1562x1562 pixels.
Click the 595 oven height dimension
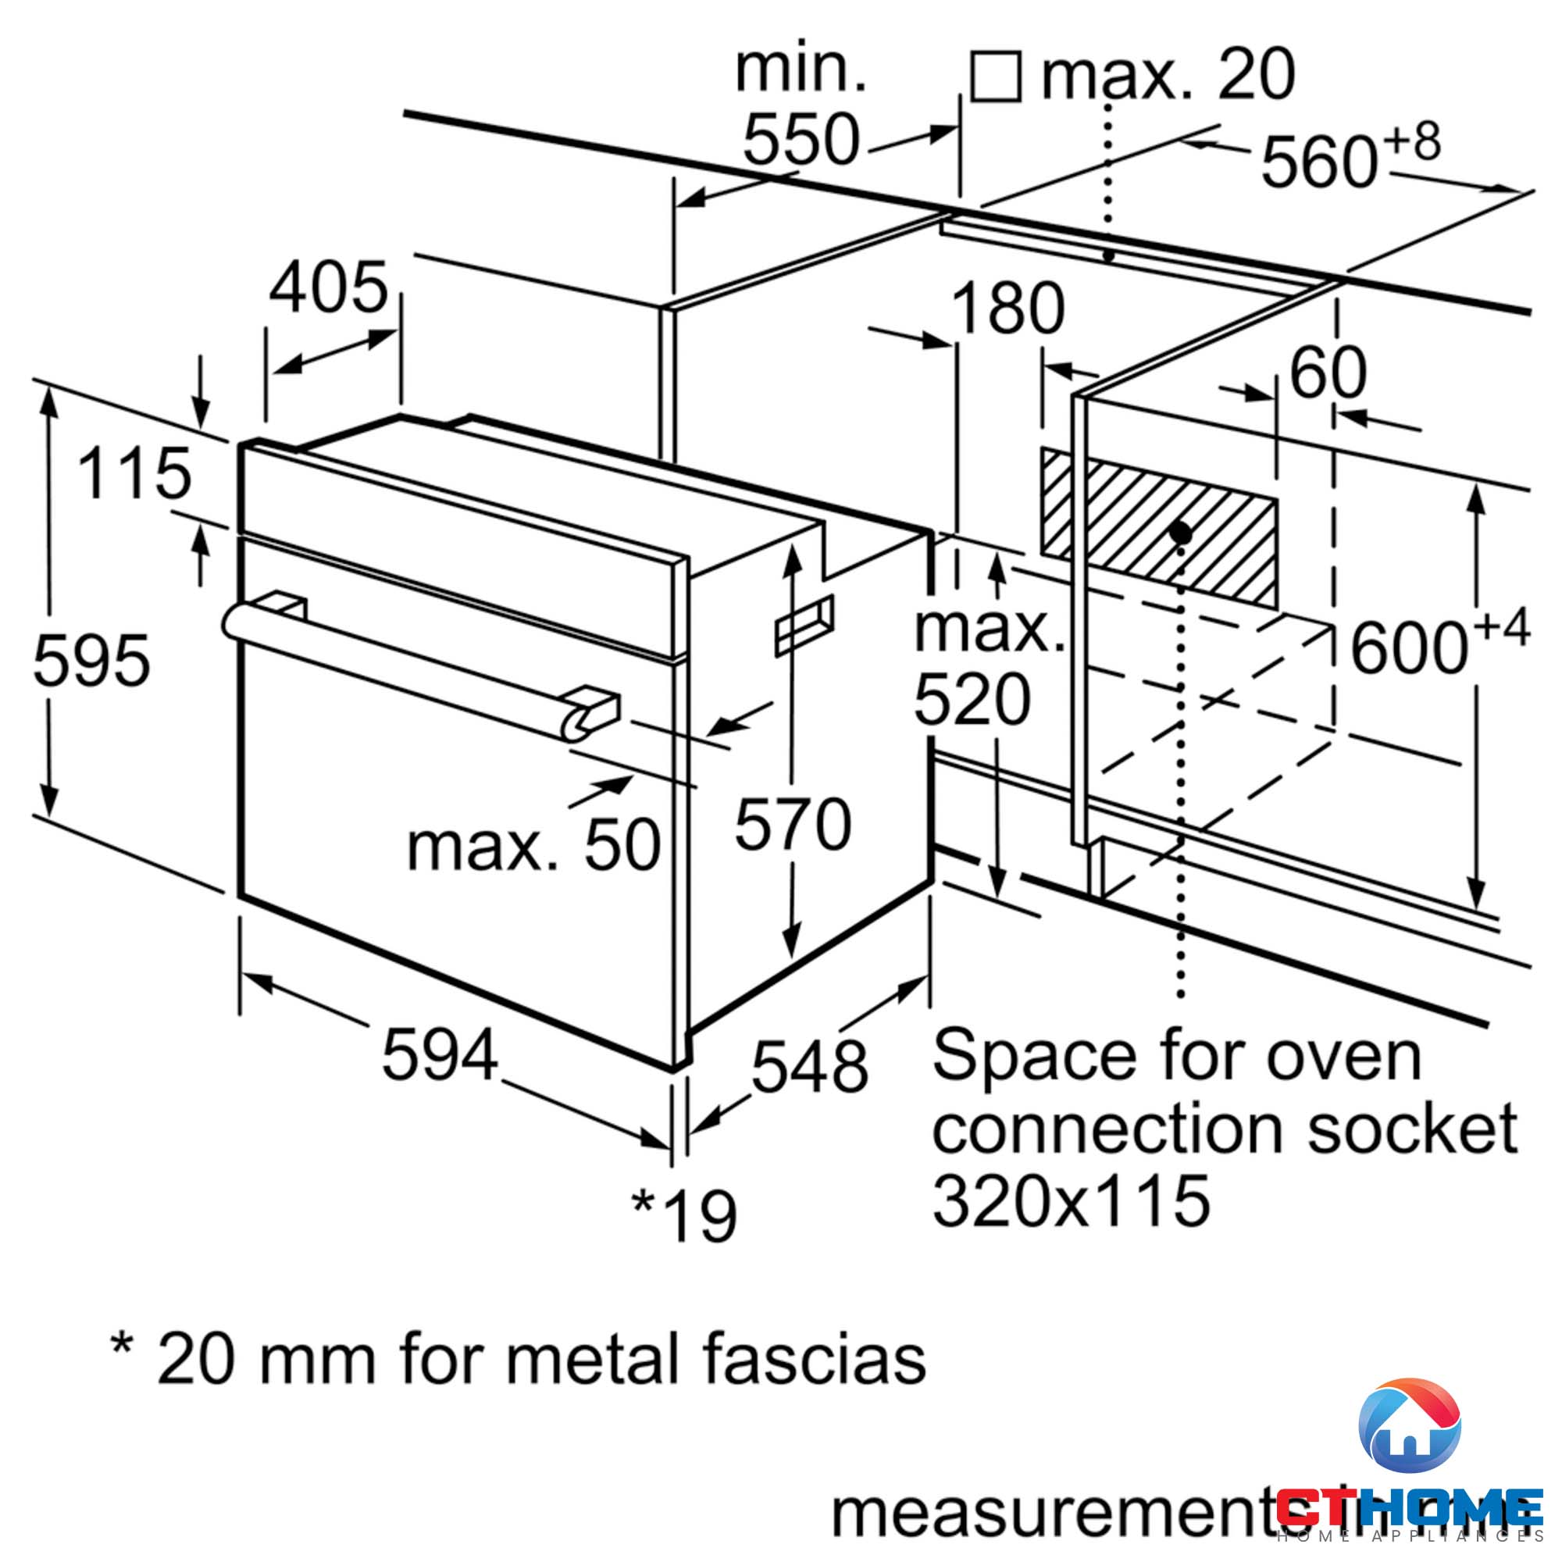click(91, 661)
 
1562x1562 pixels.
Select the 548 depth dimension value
click(809, 1066)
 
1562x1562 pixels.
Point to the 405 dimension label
click(328, 289)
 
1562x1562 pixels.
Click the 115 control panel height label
click(134, 474)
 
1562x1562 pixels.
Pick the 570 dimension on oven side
click(792, 824)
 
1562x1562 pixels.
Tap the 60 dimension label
click(1328, 373)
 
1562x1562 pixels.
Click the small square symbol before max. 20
click(995, 76)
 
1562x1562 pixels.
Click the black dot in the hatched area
click(1180, 533)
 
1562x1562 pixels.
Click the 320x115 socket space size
click(1072, 1200)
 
